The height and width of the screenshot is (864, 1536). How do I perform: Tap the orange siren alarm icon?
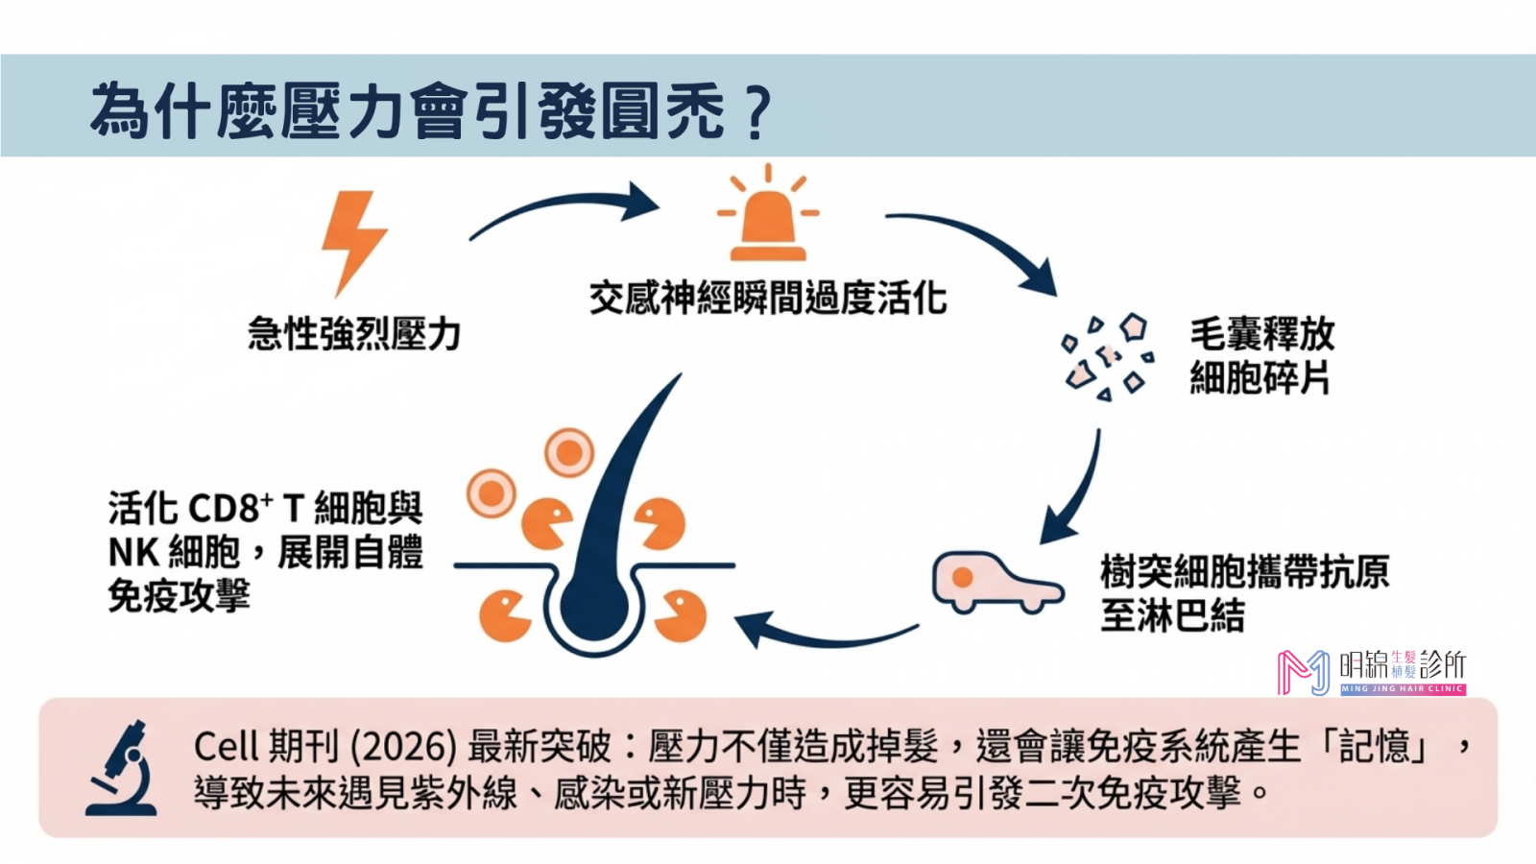coord(768,216)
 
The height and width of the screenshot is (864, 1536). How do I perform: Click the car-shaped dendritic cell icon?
coord(994,581)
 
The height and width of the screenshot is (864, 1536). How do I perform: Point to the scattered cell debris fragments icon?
coord(1109,355)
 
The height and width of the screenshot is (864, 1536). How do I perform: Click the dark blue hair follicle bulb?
coord(593,605)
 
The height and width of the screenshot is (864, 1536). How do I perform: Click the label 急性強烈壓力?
coord(354,333)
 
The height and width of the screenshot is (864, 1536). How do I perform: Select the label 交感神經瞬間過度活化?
coord(768,298)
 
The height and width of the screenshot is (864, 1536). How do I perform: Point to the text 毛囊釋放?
coord(1261,333)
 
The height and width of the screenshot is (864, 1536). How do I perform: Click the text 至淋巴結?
coord(1172,615)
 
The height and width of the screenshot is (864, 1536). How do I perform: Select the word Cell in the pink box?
coord(227,746)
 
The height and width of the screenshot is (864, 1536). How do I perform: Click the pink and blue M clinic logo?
coord(1303,672)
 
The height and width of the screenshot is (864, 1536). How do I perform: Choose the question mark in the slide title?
coord(757,113)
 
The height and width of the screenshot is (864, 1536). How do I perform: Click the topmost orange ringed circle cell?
coord(569,452)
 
